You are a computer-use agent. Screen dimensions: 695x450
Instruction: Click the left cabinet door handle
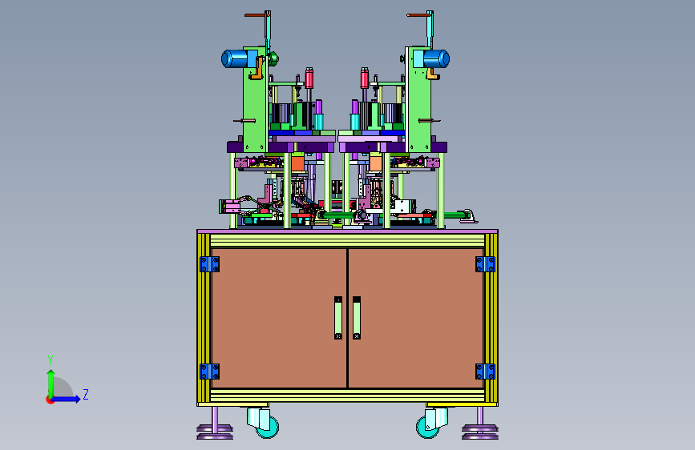click(x=338, y=318)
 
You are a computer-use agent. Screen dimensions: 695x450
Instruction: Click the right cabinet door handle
click(x=357, y=318)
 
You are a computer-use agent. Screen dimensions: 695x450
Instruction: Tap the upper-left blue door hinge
click(x=210, y=264)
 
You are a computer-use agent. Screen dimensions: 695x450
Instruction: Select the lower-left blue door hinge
click(x=210, y=372)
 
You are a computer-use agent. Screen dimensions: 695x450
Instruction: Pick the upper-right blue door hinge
click(x=485, y=264)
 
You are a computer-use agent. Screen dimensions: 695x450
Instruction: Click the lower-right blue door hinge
click(x=485, y=372)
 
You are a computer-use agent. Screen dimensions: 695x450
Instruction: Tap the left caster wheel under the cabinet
click(x=268, y=427)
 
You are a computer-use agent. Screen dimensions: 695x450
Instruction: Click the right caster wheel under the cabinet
click(x=428, y=427)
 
